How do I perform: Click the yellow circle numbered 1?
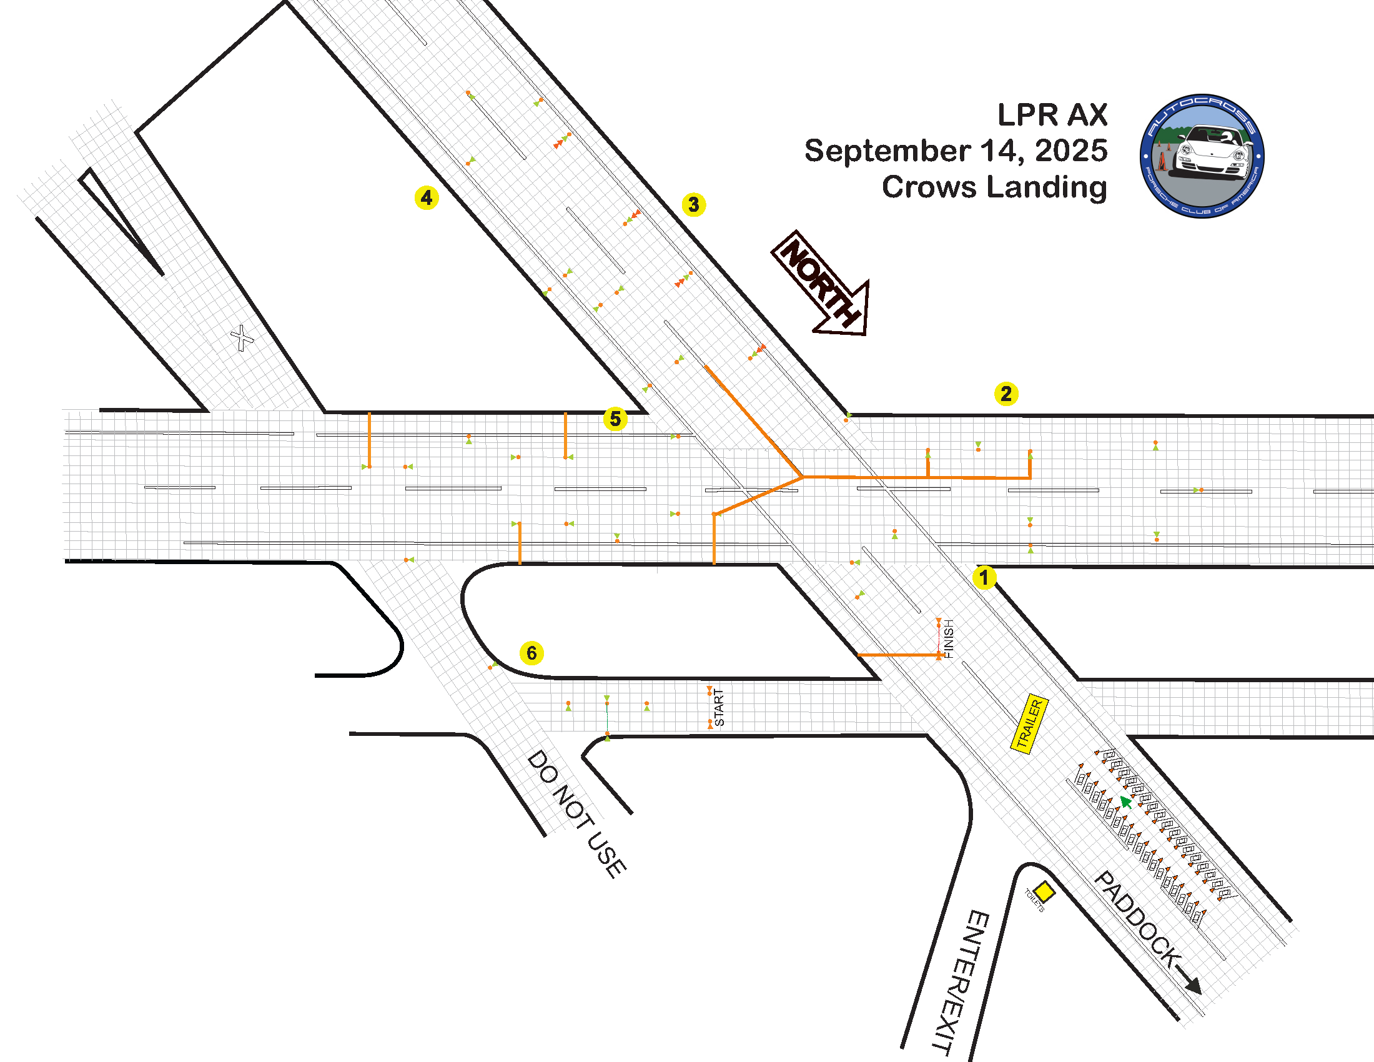tap(984, 577)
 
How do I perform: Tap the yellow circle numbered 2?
tap(1006, 394)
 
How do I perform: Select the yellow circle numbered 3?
tap(693, 204)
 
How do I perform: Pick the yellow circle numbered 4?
tap(427, 197)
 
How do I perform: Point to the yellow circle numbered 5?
tap(615, 419)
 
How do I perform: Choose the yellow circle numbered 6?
tap(531, 653)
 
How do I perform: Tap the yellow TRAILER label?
tap(1029, 723)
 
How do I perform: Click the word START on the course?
tap(719, 707)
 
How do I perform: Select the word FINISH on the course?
tap(949, 638)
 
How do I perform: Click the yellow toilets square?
tap(1044, 891)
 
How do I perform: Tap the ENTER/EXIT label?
tap(960, 981)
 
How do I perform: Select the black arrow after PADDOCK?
tap(1189, 982)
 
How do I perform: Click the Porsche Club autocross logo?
tap(1202, 156)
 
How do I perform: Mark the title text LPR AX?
tap(1052, 115)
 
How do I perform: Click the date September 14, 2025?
tap(956, 151)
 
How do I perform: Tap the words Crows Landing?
tap(994, 187)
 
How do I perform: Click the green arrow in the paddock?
tap(1125, 801)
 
